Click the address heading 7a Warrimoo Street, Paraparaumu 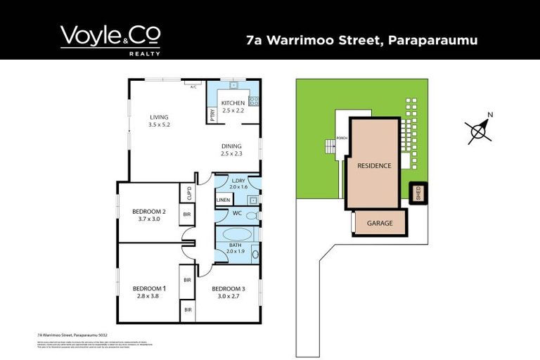[362, 40]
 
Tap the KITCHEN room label [233, 103]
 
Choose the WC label [238, 212]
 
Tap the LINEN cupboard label [223, 200]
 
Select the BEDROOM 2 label [149, 212]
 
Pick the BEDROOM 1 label [149, 288]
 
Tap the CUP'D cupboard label [188, 193]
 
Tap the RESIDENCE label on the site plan [373, 166]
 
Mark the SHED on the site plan [418, 193]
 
